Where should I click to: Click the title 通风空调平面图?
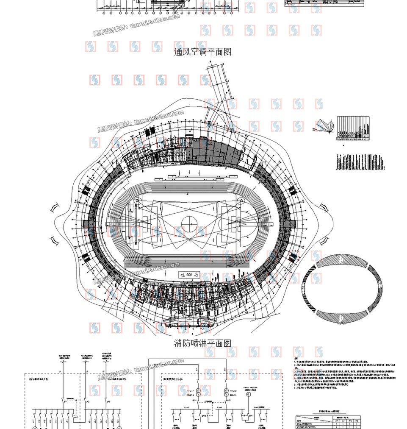click(203, 52)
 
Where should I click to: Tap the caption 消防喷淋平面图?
click(203, 343)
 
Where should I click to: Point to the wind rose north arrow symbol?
click(325, 125)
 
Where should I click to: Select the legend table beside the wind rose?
click(354, 128)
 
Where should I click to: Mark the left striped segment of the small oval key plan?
click(306, 288)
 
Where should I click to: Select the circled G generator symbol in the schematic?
click(249, 394)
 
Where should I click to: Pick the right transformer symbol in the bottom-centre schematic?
click(226, 391)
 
